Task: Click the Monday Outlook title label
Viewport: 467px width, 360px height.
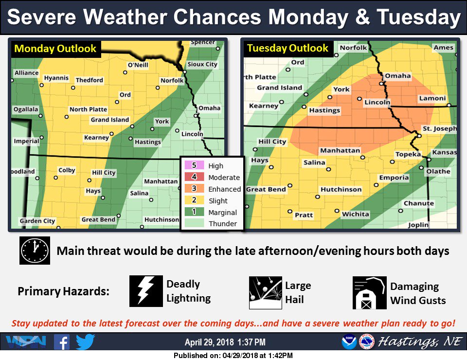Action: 55,49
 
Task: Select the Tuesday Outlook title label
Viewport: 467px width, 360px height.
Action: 287,48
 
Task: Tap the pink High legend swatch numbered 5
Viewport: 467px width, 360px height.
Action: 194,166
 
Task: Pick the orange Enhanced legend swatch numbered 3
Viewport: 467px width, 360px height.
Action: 194,189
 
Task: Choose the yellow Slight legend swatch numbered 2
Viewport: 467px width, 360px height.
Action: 194,200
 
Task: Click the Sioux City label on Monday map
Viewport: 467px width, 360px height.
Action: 202,64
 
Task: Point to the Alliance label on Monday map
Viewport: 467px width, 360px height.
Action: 26,73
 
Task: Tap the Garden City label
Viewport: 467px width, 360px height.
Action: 37,221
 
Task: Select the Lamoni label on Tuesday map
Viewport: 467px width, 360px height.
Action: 432,98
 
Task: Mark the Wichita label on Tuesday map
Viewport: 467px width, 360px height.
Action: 355,214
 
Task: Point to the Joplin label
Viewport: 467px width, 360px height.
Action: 418,225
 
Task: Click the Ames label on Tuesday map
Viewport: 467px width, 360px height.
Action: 443,48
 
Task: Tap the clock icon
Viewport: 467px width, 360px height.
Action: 35,251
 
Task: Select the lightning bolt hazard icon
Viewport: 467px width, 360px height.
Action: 145,291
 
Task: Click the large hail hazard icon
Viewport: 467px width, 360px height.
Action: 265,293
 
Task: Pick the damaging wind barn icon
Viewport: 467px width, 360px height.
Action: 369,293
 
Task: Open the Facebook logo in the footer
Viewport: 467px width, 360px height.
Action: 62,342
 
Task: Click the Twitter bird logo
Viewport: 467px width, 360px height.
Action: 86,342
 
